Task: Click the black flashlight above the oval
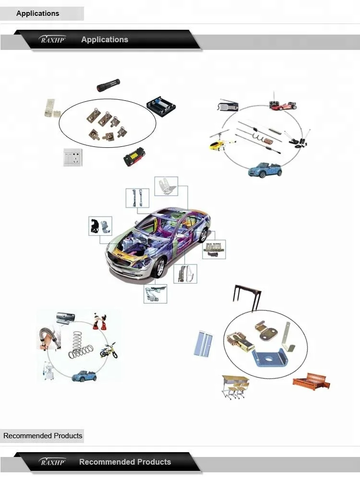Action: (108, 85)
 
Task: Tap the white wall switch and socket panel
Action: (73, 157)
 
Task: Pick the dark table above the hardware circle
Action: (247, 296)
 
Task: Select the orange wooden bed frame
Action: (312, 381)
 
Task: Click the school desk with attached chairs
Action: (235, 386)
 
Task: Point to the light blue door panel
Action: (204, 344)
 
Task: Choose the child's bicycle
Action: (108, 351)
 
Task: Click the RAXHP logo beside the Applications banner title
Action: (52, 40)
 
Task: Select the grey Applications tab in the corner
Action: (42, 13)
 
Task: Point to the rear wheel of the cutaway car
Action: (203, 235)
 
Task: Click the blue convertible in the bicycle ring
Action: (84, 376)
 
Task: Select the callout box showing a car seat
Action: (166, 186)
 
